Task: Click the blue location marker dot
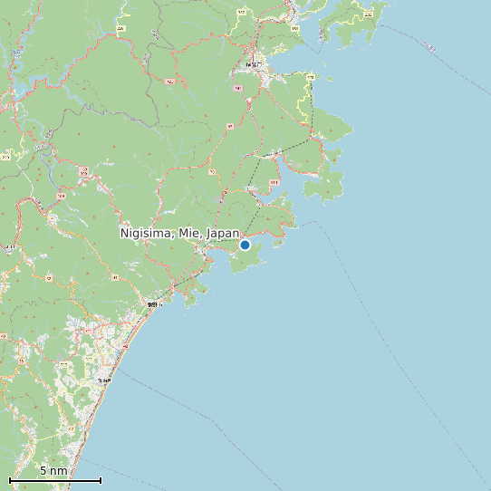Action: (x=245, y=245)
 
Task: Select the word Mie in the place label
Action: (x=188, y=233)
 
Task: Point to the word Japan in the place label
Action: (x=223, y=233)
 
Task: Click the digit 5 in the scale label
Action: (x=43, y=471)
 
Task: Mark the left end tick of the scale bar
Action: (x=10, y=480)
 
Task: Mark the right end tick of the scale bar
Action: (x=101, y=480)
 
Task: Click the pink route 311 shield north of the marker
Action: (x=274, y=182)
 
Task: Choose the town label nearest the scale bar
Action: (x=105, y=380)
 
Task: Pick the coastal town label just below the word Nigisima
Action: (x=152, y=304)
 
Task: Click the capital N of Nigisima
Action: (x=125, y=233)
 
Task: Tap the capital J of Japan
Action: (x=209, y=233)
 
